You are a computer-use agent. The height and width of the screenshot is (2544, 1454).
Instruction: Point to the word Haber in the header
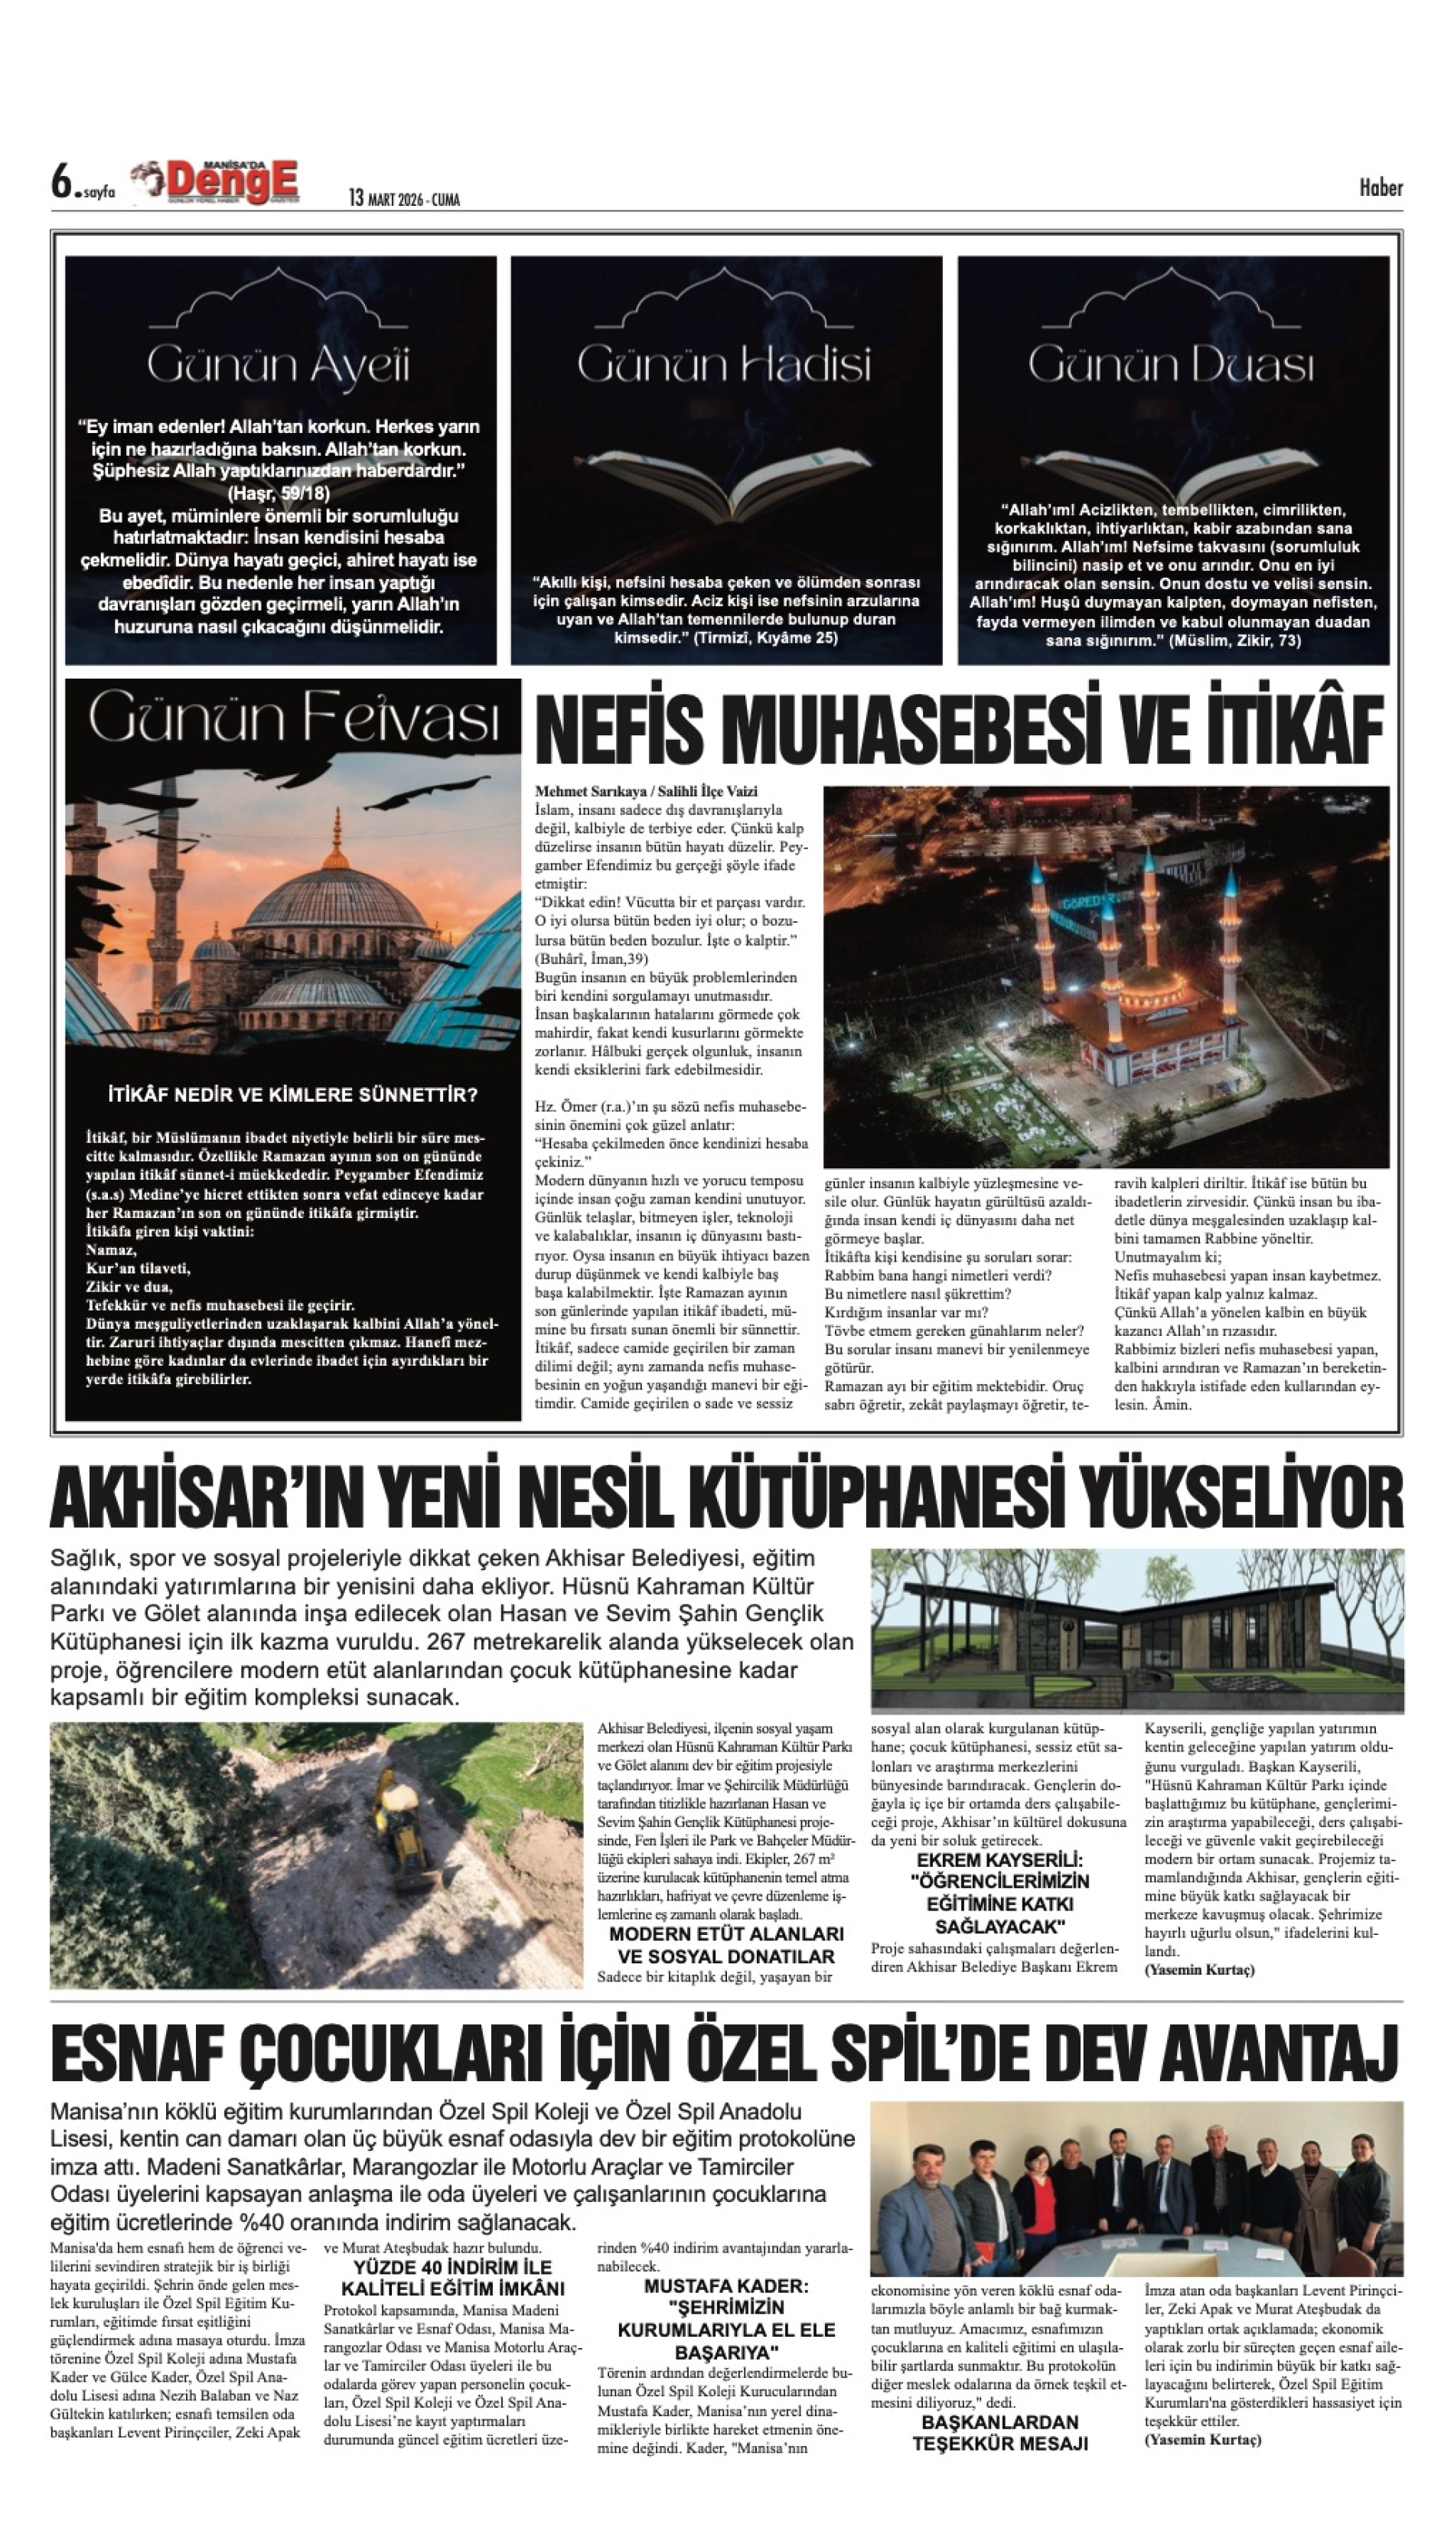[1380, 187]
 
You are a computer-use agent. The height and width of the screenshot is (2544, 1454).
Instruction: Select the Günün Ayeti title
[279, 366]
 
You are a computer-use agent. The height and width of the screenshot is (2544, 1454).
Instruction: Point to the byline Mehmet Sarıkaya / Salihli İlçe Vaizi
[646, 791]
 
